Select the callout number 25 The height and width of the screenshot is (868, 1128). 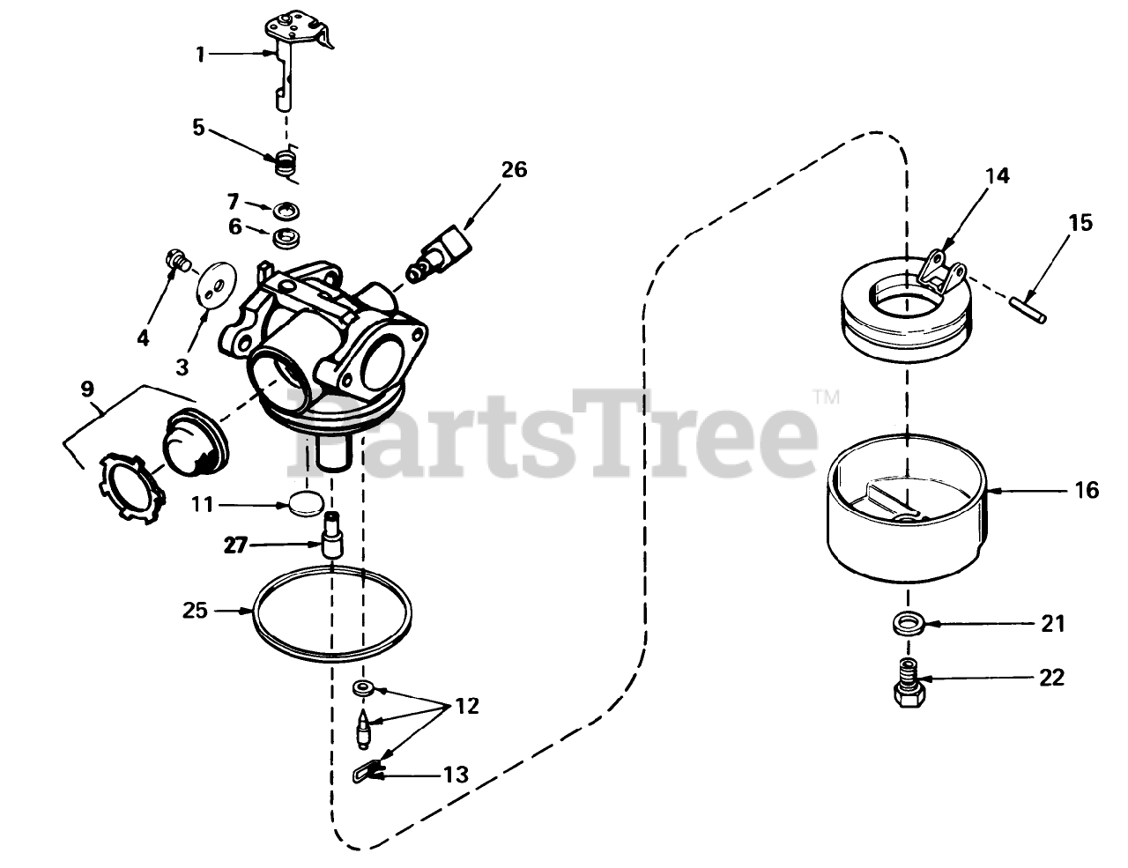click(196, 609)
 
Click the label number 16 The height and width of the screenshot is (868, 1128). click(1087, 489)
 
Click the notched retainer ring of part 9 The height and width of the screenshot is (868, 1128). click(133, 485)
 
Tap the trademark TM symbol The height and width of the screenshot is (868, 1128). click(825, 396)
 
